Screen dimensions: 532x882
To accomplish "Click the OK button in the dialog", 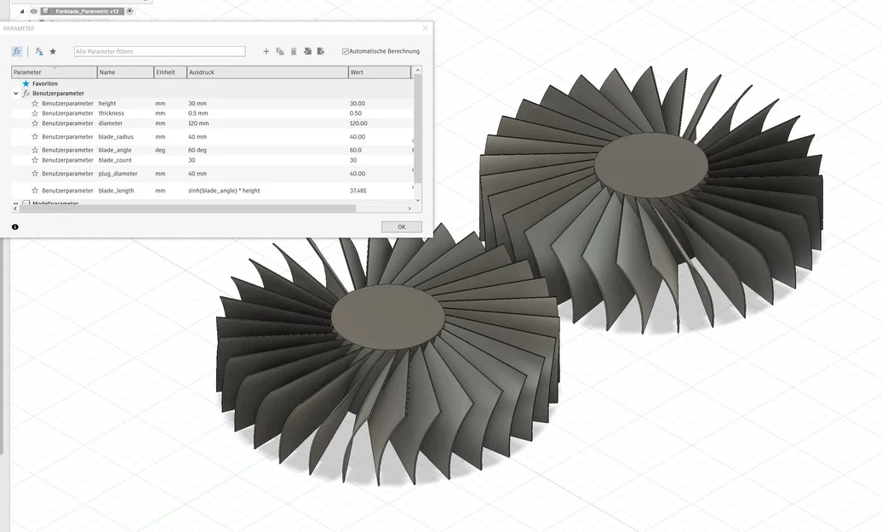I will coord(401,226).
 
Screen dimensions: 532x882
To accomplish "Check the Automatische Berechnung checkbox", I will coord(346,51).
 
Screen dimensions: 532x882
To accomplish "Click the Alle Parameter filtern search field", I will coord(159,51).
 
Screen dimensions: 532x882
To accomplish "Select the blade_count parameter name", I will coord(115,160).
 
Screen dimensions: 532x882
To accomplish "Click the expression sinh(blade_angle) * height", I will coord(224,191).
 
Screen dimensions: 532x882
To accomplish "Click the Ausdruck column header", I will coord(202,72).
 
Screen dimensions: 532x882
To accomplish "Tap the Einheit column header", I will coord(165,72).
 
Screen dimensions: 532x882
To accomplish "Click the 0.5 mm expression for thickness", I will coord(198,113).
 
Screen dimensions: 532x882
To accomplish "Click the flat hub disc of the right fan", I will coord(650,164).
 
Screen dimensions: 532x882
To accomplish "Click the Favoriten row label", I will coord(45,83).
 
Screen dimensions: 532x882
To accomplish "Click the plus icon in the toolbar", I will coord(266,51).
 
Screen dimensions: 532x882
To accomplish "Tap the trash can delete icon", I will coord(294,51).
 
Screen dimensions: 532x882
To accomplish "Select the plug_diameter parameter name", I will coord(117,174).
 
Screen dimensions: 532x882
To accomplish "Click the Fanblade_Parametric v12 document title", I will coord(88,11).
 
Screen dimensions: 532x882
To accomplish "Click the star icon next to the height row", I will coord(35,103).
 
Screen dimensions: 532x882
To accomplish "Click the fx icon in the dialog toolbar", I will coord(17,51).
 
